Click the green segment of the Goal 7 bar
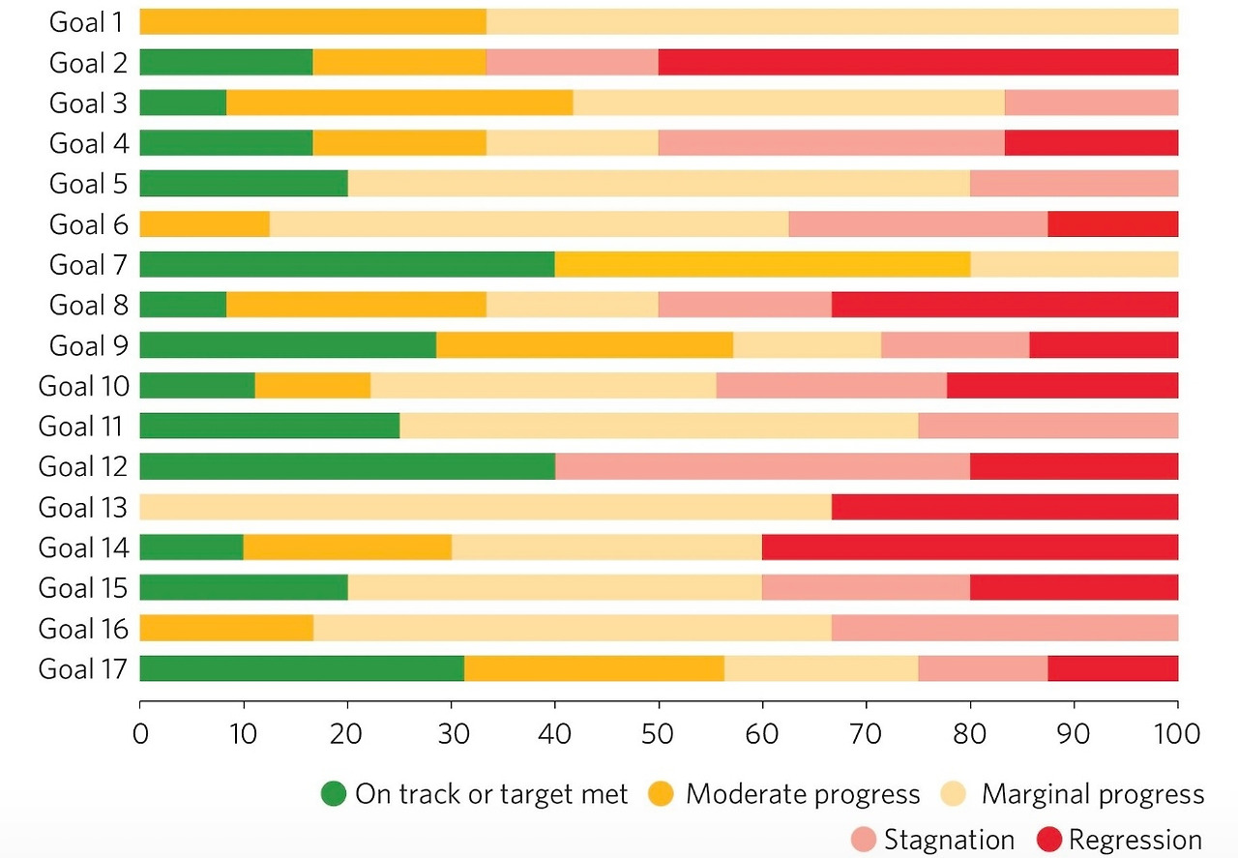pos(346,264)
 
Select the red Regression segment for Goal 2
pos(917,62)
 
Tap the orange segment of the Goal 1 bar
pos(312,21)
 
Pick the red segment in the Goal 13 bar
pos(1004,507)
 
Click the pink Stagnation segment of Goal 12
pos(762,466)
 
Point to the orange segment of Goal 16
pos(226,628)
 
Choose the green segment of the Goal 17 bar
pos(302,668)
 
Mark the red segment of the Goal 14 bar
pos(969,547)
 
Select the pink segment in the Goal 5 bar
pos(1074,183)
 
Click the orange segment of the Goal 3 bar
pos(398,103)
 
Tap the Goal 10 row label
pos(83,386)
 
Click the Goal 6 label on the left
pos(88,224)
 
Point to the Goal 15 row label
pos(83,588)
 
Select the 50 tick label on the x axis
pos(658,731)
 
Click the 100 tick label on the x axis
pos(1176,731)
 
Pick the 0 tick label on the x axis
pos(140,731)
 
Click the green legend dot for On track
pos(333,795)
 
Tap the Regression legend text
pos(1135,840)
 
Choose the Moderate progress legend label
pos(802,795)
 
